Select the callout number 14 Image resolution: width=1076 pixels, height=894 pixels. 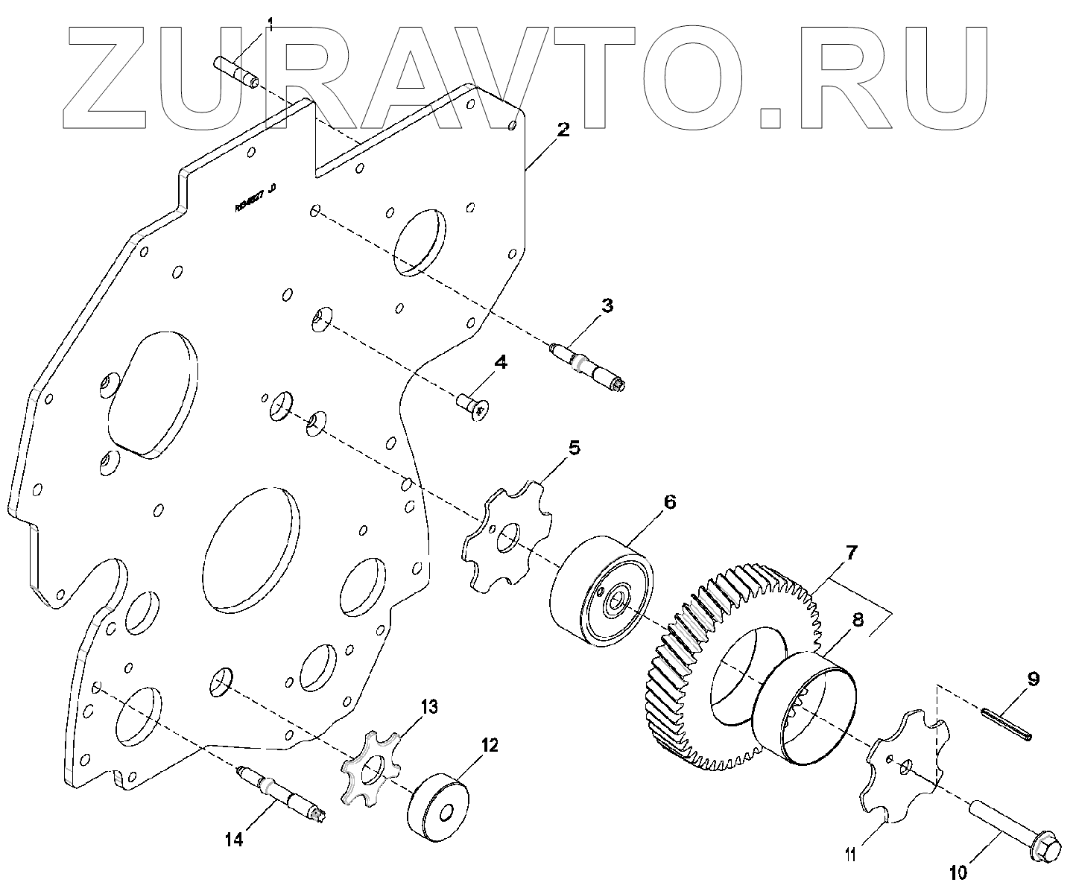point(234,840)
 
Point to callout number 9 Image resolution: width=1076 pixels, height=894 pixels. point(1034,679)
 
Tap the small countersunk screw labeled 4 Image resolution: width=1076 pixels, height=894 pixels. point(472,405)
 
